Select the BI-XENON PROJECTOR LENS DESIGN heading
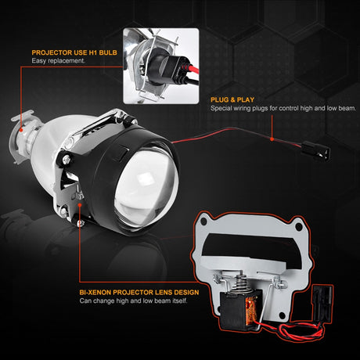(138, 292)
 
